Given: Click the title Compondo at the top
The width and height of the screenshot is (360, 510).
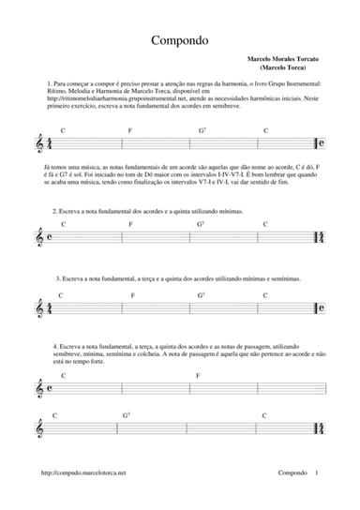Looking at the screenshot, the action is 179,41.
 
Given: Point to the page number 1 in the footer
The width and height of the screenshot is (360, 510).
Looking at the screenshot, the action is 317,476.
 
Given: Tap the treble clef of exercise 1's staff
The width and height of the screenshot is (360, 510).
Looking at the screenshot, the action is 38,145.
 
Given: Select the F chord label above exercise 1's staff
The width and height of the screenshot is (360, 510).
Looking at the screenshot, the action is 130,130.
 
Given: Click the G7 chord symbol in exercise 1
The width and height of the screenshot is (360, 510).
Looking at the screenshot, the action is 201,130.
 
